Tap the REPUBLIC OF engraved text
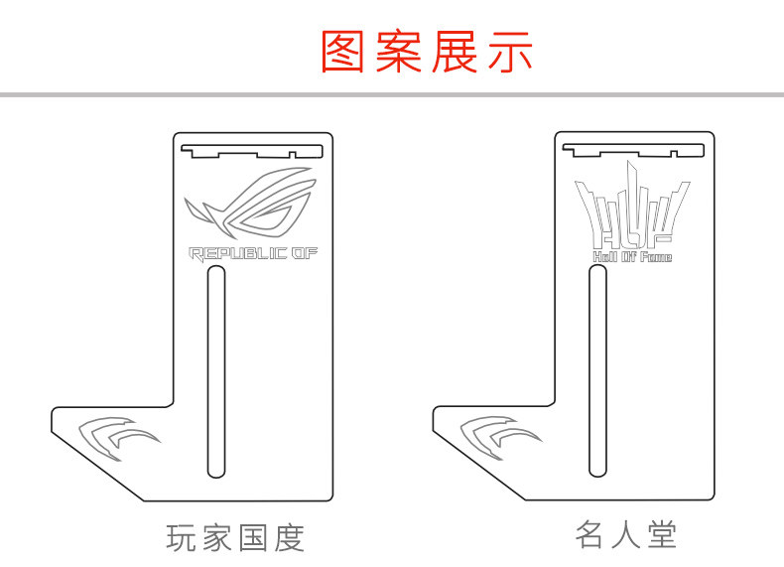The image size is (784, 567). tap(254, 254)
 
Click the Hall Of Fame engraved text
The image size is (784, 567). tap(632, 257)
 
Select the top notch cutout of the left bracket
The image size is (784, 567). tap(254, 151)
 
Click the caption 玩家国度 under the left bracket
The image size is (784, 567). tap(235, 538)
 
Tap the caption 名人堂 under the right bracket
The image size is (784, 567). tap(626, 536)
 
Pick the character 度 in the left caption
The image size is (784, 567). tap(288, 538)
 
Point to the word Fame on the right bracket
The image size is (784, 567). tap(655, 257)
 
